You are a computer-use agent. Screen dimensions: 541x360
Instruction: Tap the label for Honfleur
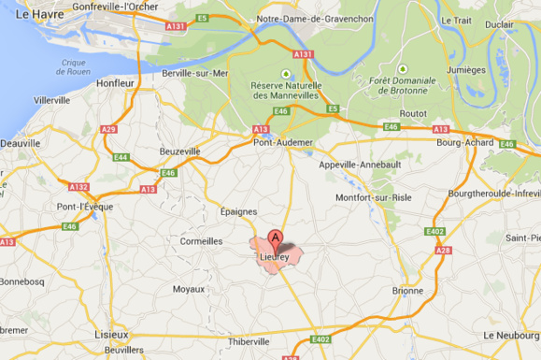(x=118, y=82)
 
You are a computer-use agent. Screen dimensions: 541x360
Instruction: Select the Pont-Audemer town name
(x=282, y=142)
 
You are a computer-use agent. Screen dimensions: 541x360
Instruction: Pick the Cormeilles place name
(x=201, y=240)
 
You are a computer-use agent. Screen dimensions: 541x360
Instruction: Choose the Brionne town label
(x=407, y=291)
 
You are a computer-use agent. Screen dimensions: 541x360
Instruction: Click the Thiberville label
(x=248, y=341)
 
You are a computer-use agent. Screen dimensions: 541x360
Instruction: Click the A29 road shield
(x=109, y=129)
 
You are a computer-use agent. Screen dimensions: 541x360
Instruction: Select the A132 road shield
(x=78, y=186)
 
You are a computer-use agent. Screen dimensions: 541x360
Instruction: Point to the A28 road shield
(x=445, y=250)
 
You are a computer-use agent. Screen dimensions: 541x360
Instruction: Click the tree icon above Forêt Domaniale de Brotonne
(x=403, y=68)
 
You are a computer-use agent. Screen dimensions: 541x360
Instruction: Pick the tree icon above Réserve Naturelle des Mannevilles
(x=285, y=73)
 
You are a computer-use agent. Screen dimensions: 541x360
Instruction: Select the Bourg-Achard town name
(x=463, y=143)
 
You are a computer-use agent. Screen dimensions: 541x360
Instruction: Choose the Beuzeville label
(x=180, y=151)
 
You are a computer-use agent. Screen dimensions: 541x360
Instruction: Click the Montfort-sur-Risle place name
(x=375, y=196)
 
